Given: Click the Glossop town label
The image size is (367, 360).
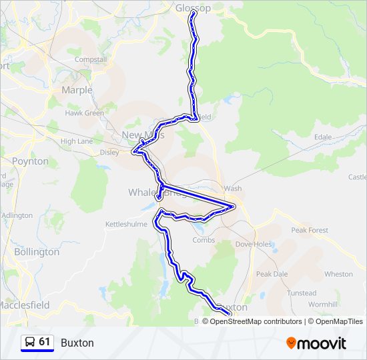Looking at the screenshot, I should (193, 8).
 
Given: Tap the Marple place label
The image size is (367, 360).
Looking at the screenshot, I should (77, 90).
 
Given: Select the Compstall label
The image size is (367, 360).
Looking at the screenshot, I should (91, 59).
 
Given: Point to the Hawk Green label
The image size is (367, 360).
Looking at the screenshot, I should (85, 113).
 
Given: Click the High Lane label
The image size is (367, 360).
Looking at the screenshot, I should (77, 141).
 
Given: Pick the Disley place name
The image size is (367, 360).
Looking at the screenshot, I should (109, 151).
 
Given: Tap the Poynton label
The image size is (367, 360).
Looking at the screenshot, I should (30, 161).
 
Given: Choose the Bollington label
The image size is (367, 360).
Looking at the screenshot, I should (37, 252).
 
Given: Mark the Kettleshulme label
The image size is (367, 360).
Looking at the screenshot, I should (126, 224).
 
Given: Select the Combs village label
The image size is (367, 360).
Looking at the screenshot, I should (204, 240).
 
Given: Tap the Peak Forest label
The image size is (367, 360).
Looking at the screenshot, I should (309, 230).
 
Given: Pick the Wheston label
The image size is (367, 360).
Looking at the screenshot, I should (338, 274).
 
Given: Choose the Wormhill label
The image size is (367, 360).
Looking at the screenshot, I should (323, 304).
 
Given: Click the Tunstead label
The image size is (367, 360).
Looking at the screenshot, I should (302, 293).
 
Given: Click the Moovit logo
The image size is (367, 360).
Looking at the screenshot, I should (316, 343).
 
